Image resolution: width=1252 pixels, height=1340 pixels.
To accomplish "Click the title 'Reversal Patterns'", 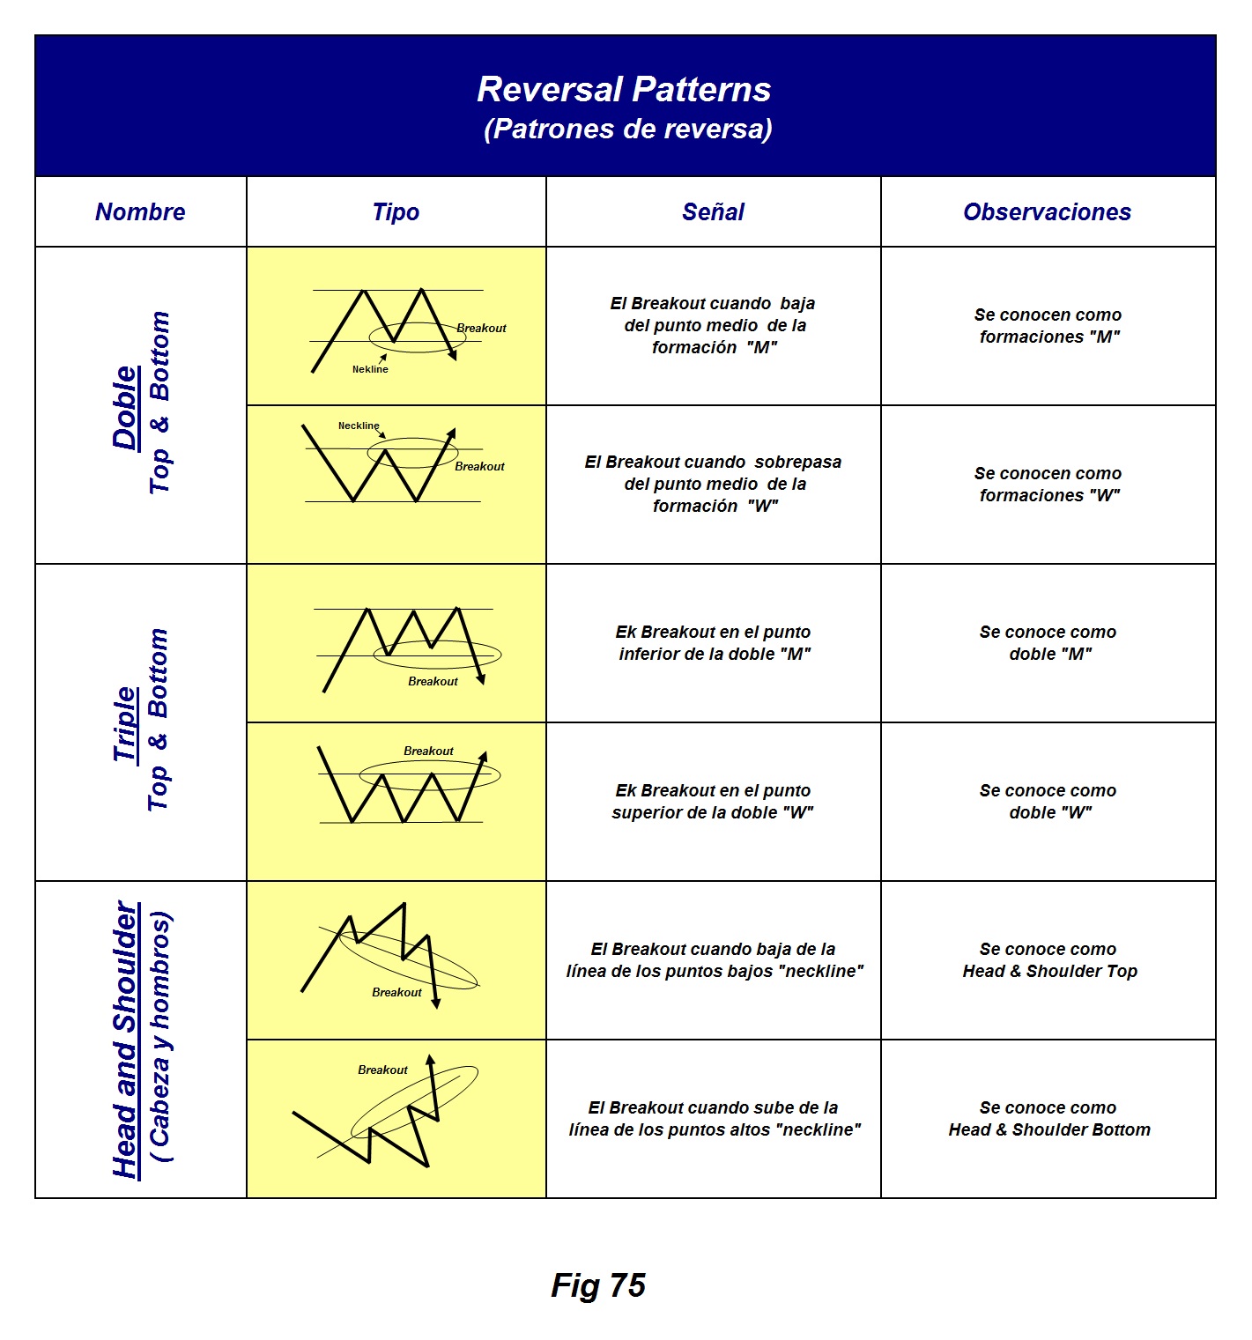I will pos(624,90).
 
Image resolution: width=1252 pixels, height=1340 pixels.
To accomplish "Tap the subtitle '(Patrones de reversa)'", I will pos(627,130).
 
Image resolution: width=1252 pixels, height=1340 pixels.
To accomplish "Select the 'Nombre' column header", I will pos(140,212).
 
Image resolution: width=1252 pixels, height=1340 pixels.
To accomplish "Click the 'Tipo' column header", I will pos(396,212).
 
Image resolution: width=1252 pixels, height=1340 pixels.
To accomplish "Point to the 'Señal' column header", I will pos(713,212).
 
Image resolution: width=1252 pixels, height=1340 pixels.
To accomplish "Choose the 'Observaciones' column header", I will pos(1047,212).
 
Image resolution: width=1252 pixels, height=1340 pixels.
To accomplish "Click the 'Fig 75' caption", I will pos(598,1285).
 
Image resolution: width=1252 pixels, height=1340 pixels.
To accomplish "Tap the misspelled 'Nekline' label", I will pos(370,370).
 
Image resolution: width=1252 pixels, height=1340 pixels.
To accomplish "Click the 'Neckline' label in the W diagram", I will pos(359,426).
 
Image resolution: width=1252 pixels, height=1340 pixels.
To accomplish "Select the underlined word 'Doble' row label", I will pos(125,407).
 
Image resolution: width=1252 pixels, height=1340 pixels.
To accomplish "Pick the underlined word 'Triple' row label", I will pos(125,724).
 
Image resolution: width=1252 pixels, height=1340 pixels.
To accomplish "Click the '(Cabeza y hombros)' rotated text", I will pos(161,1037).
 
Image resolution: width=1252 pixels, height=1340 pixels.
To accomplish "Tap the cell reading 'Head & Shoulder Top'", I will pos(1048,971).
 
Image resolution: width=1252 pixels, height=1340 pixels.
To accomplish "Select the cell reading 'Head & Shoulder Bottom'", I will pos(1048,1129).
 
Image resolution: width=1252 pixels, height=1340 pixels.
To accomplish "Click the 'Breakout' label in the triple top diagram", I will pos(433,682).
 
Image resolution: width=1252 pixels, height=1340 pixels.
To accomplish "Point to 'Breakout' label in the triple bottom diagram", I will pos(428,751).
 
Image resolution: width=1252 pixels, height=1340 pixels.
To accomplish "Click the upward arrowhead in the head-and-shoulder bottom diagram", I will pos(431,1061).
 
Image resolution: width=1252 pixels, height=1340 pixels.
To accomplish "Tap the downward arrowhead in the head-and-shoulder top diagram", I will pos(436,1003).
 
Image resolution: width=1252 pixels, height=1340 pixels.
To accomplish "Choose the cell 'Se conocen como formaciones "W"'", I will pos(1048,485).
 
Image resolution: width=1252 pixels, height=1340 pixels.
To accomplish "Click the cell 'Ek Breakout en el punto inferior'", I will pos(714,643).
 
